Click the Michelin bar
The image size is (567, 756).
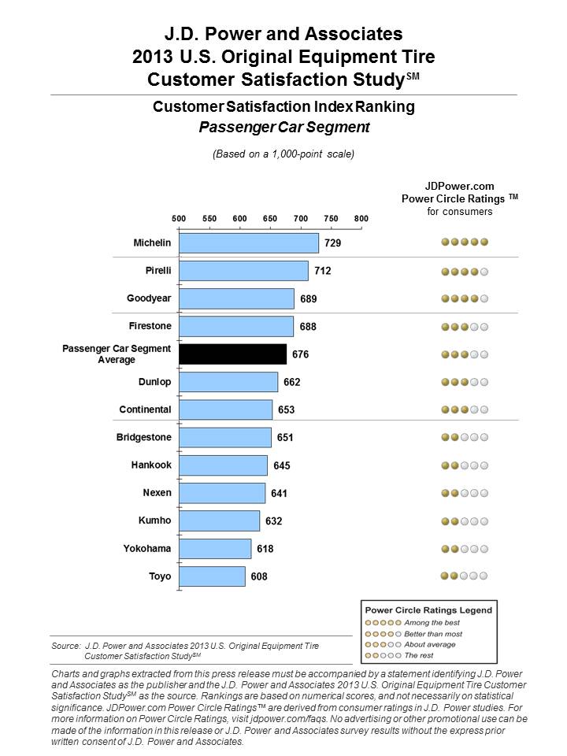point(249,243)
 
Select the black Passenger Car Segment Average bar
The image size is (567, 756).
point(232,354)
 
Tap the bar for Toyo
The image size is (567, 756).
point(212,576)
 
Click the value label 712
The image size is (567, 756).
point(322,271)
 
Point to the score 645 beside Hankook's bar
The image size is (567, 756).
point(282,465)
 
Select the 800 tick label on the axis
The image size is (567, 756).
point(361,218)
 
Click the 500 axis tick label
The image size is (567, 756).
point(179,218)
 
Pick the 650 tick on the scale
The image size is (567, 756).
point(269,218)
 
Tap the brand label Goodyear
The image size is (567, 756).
point(149,298)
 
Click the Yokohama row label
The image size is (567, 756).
point(147,548)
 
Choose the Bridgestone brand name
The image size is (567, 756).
point(143,437)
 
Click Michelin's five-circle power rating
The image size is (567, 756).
point(465,243)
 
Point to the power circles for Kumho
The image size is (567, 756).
point(465,521)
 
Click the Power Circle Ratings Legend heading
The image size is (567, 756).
point(428,610)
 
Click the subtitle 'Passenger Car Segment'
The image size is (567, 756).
point(283,126)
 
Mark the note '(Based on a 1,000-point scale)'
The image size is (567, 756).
point(283,154)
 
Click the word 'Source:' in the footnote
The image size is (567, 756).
point(65,646)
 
